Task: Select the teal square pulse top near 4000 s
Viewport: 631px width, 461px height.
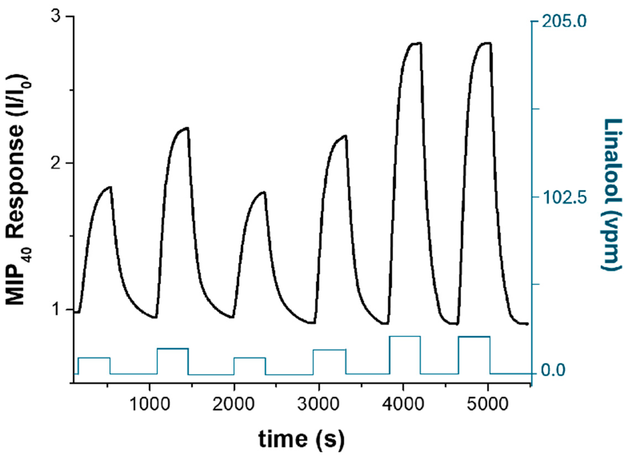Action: tap(405, 337)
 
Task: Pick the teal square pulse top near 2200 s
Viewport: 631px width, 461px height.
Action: tap(250, 358)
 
